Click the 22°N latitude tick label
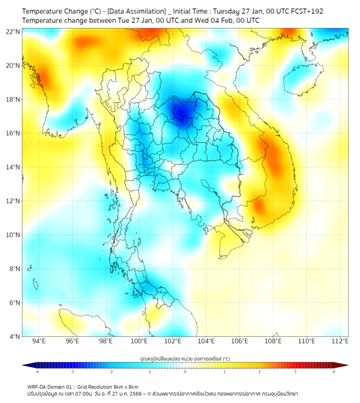click(13, 32)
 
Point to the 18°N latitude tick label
click(13, 100)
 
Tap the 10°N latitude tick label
click(13, 235)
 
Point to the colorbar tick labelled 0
click(185, 371)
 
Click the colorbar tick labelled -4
click(37, 371)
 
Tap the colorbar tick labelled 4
click(334, 371)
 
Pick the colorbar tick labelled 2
click(259, 371)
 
